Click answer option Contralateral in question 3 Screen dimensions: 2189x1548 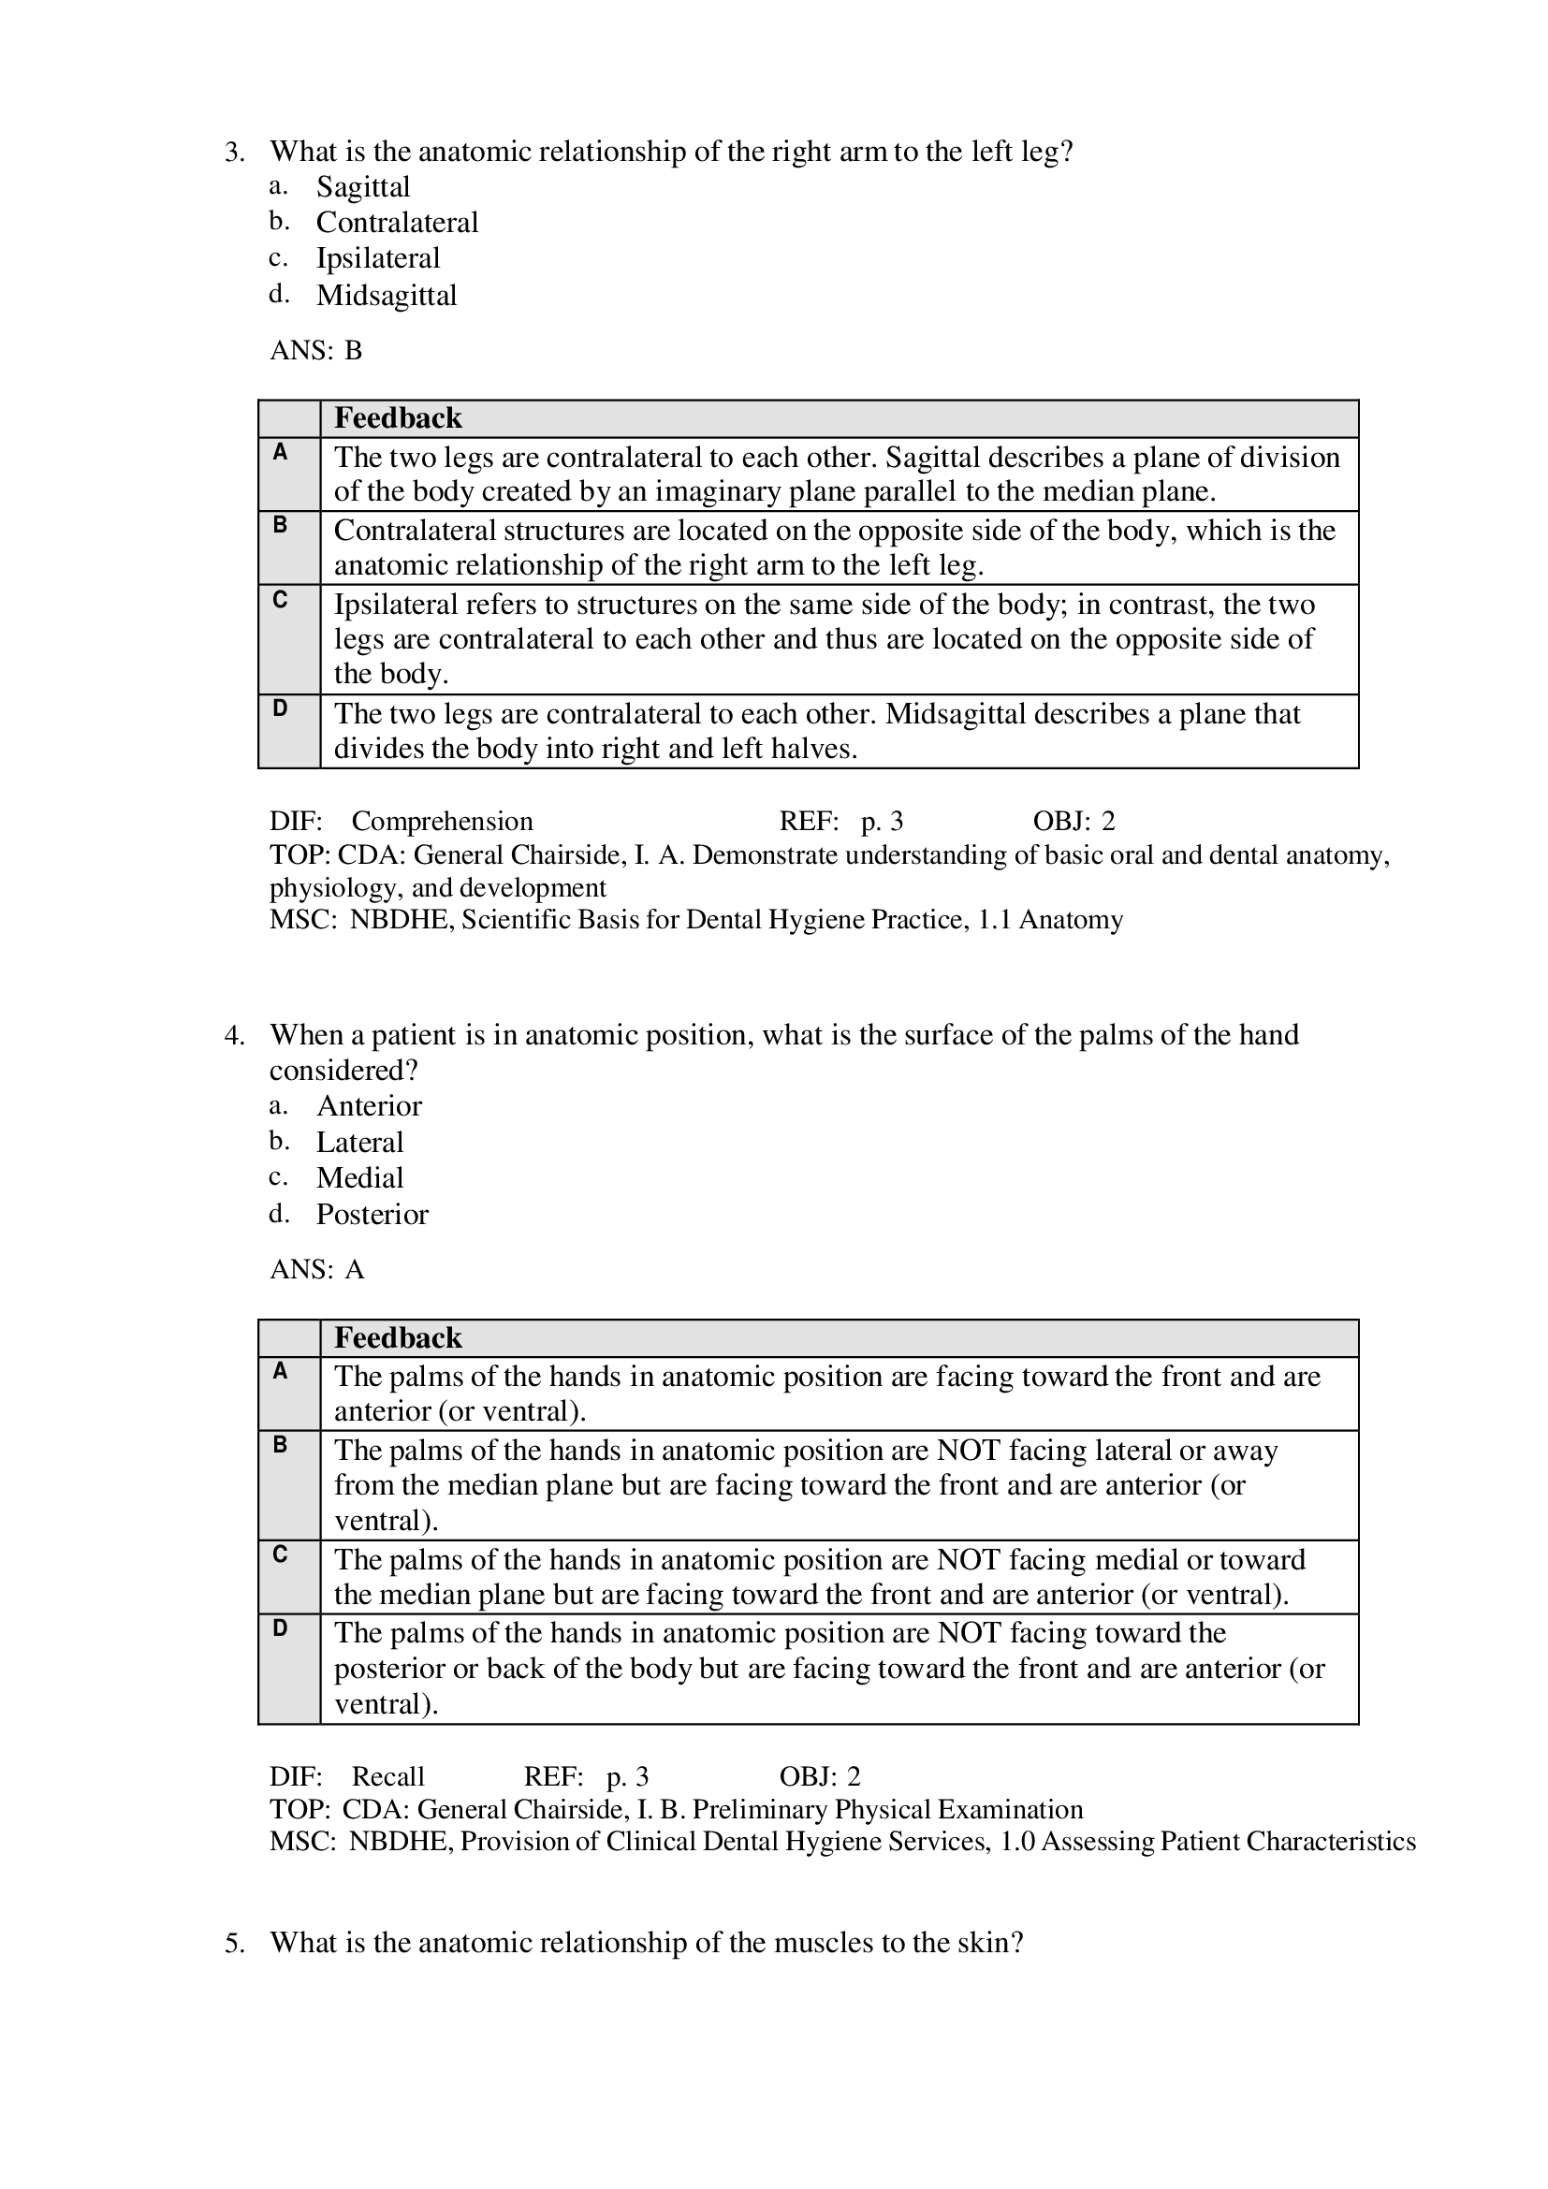397,223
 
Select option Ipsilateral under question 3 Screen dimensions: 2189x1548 377,258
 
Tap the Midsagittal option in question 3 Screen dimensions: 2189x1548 386,296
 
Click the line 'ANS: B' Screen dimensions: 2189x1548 315,351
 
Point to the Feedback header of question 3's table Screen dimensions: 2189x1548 398,418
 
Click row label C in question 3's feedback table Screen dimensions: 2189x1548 280,600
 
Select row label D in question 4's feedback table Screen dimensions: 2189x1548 280,1628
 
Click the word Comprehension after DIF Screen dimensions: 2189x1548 442,821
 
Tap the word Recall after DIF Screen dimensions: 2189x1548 388,1776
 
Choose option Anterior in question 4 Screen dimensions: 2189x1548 369,1106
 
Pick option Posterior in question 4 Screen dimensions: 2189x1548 372,1215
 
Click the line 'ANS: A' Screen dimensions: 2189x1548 316,1270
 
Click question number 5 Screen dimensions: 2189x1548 235,1943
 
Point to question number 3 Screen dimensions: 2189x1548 235,152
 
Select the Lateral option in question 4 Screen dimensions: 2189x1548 359,1142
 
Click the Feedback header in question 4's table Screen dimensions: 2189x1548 398,1338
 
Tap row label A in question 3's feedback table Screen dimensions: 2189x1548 280,453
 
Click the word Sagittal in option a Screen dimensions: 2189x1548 363,187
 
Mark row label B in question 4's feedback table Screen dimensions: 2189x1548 280,1445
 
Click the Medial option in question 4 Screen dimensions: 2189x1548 359,1178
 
